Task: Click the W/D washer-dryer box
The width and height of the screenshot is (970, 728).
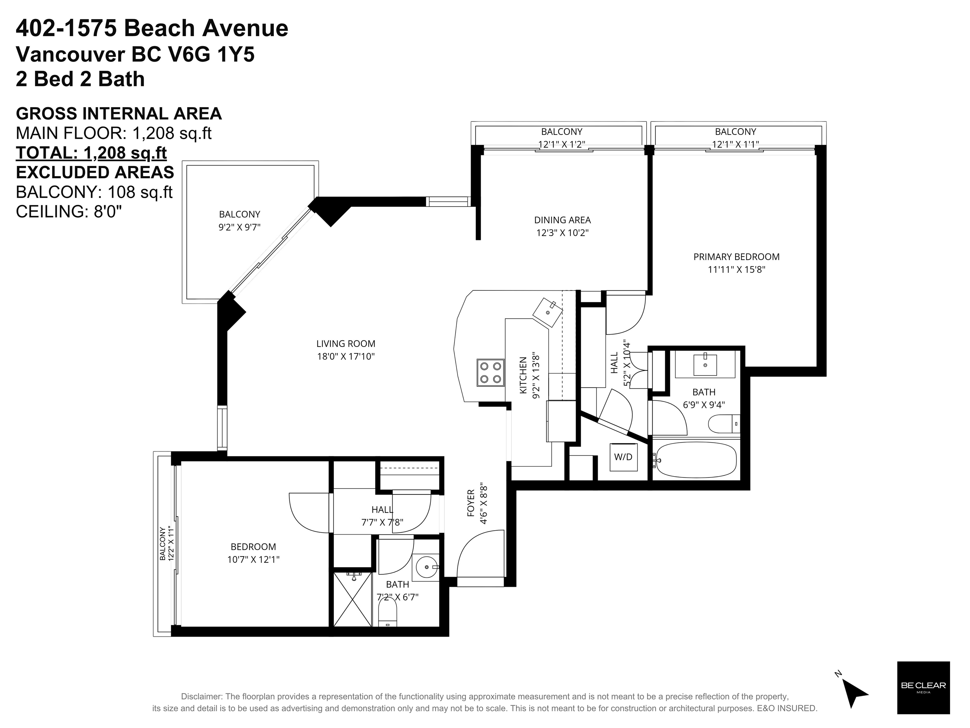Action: pyautogui.click(x=623, y=457)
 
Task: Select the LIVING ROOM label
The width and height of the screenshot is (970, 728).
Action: pyautogui.click(x=346, y=344)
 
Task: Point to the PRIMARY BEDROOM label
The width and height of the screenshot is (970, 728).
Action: pyautogui.click(x=736, y=257)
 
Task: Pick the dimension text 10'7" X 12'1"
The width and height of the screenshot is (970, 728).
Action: pyautogui.click(x=253, y=559)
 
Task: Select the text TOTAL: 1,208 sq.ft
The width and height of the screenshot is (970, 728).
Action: pyautogui.click(x=91, y=153)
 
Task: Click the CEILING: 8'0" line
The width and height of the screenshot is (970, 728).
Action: pyautogui.click(x=69, y=211)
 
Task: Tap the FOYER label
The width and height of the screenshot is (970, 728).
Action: pyautogui.click(x=471, y=503)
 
